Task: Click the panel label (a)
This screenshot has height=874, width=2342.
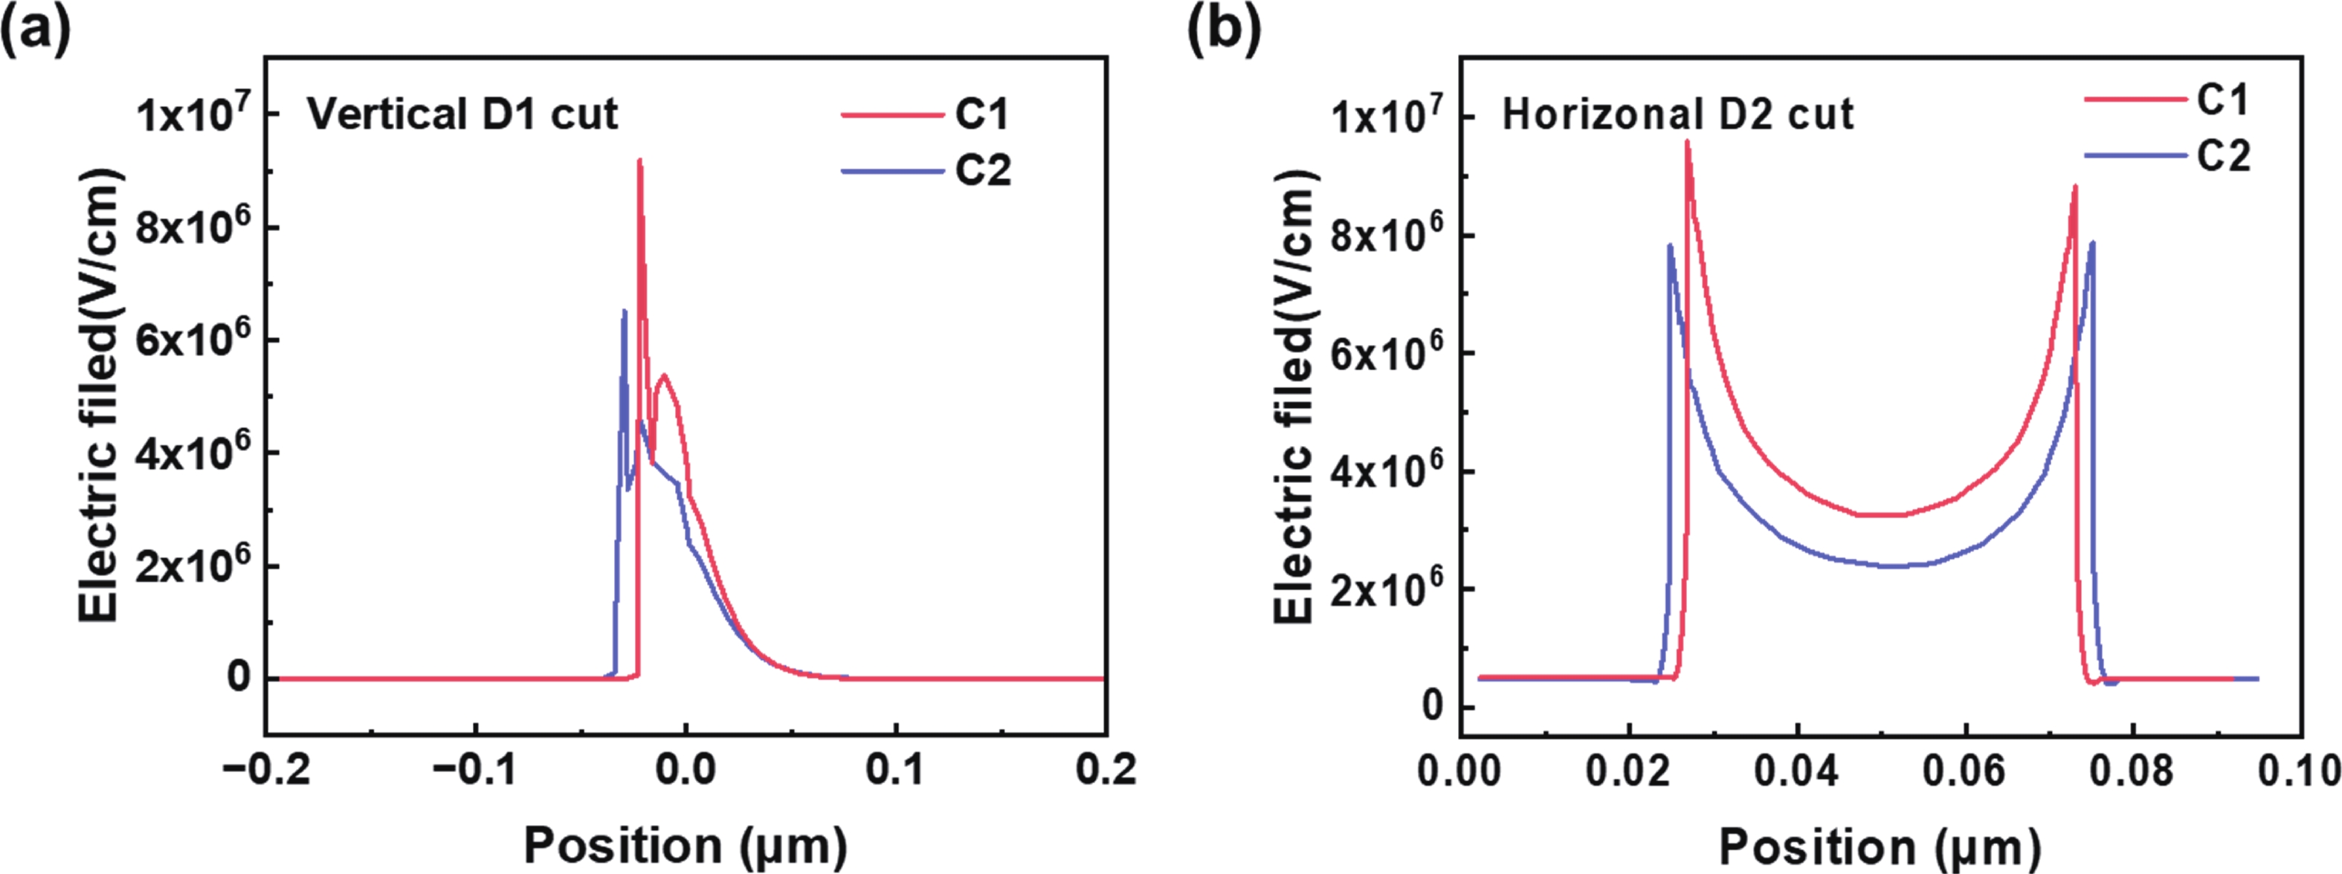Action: click(x=34, y=32)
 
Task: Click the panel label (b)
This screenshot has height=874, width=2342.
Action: click(x=1224, y=32)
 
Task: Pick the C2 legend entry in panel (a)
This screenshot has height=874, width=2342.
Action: click(x=982, y=170)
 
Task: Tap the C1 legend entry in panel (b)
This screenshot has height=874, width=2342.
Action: click(x=2222, y=99)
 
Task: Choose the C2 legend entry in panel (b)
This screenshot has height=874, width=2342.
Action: click(x=2223, y=156)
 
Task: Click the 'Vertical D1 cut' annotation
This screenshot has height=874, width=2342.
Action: click(x=462, y=114)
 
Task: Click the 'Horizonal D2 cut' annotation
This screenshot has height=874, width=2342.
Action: click(x=1677, y=115)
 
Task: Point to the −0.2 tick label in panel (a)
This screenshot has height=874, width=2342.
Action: click(x=266, y=771)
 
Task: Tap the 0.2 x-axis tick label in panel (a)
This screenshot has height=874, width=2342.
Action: click(x=1106, y=771)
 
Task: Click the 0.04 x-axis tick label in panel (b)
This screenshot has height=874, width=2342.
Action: click(x=1796, y=771)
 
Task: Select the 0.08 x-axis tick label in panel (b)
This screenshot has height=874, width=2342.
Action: click(x=2132, y=771)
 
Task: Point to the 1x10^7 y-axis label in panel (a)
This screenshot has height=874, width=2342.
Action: click(x=193, y=115)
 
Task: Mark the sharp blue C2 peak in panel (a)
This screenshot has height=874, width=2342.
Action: click(x=624, y=311)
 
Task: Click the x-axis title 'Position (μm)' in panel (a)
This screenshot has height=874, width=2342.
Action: click(x=685, y=845)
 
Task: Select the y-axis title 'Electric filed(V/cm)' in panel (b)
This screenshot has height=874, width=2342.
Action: click(x=1294, y=396)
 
